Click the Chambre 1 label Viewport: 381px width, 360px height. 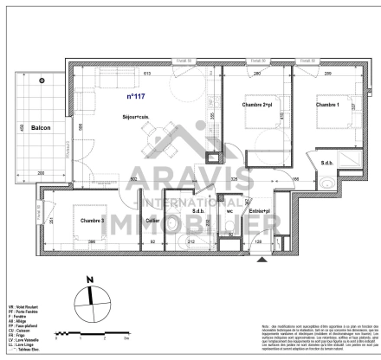(x=326, y=105)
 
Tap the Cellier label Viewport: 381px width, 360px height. (x=152, y=222)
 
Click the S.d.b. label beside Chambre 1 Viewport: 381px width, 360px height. (x=327, y=164)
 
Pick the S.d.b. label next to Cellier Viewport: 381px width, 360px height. (x=197, y=210)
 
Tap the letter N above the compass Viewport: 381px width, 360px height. (x=89, y=280)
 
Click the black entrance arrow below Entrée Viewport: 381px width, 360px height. (x=259, y=268)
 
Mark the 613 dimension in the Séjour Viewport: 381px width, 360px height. (x=147, y=74)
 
